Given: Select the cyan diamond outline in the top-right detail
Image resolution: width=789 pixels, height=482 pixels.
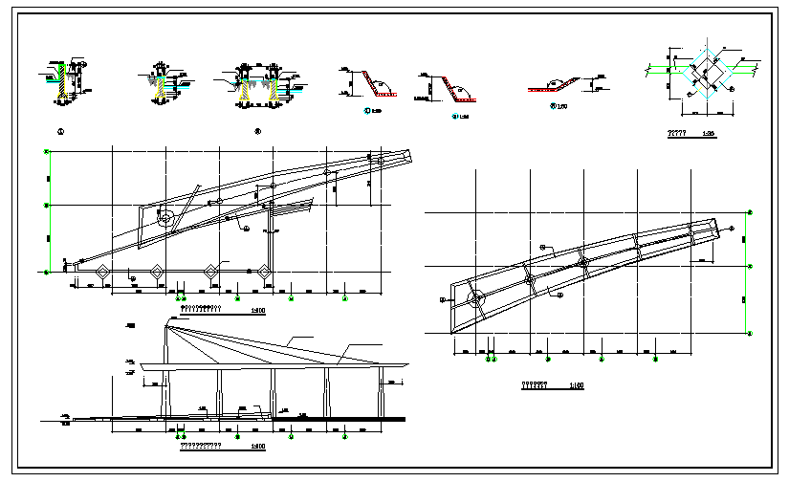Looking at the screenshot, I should (x=708, y=73).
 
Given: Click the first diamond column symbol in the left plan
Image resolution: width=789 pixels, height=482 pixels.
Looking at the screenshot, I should (x=101, y=272).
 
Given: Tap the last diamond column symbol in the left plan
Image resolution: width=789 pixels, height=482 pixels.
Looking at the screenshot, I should (x=261, y=272).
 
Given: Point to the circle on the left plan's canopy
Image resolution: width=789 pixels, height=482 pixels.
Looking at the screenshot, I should (x=165, y=217).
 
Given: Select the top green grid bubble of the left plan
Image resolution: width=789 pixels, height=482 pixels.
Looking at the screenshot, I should (x=46, y=151).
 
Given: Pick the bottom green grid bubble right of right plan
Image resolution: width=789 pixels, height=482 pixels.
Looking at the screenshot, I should (x=750, y=333).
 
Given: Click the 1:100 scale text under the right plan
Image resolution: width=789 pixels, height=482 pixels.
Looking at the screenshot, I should (x=577, y=385).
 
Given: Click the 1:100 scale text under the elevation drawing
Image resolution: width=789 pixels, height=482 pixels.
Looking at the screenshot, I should (x=257, y=446).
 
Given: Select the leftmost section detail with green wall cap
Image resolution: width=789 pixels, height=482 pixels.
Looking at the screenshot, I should (x=64, y=80).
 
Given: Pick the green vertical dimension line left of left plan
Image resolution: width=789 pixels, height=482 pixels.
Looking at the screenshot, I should (x=46, y=210).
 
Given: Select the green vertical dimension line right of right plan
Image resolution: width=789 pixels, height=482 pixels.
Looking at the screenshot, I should (x=749, y=273).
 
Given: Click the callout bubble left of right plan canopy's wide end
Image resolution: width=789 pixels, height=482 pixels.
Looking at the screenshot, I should (x=443, y=299).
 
